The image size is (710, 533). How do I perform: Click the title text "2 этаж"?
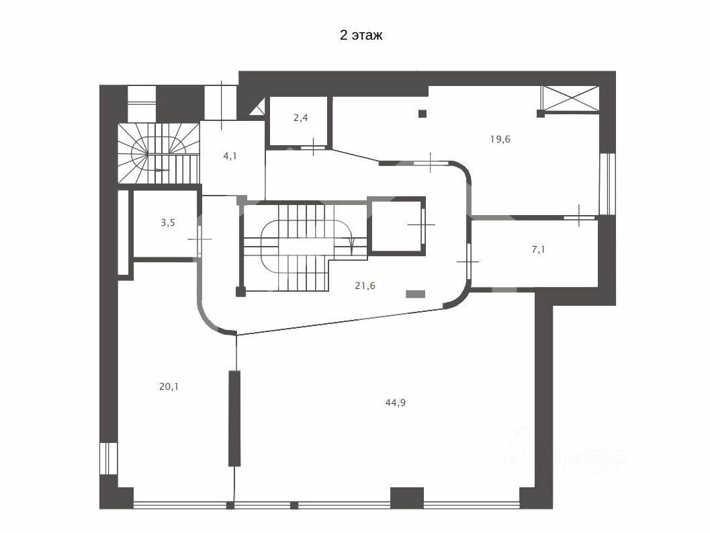pyautogui.click(x=361, y=36)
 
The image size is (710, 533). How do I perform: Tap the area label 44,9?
pyautogui.click(x=396, y=403)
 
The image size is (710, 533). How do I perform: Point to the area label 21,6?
pyautogui.click(x=365, y=285)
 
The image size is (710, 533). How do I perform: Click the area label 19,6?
pyautogui.click(x=500, y=139)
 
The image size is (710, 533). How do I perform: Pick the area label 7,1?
pyautogui.click(x=539, y=249)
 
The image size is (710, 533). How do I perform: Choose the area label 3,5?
pyautogui.click(x=168, y=222)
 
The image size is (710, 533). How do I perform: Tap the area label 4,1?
pyautogui.click(x=230, y=155)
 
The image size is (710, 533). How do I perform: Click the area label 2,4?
pyautogui.click(x=300, y=118)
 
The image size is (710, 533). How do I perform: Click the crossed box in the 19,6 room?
pyautogui.click(x=570, y=97)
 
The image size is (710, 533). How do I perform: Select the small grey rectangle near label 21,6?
pyautogui.click(x=416, y=293)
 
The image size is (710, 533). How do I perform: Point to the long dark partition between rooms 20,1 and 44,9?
pyautogui.click(x=234, y=417)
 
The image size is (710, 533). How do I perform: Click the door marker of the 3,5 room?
pyautogui.click(x=199, y=239)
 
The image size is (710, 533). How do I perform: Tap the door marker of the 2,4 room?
pyautogui.click(x=314, y=147)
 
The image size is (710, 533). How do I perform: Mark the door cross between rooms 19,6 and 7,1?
pyautogui.click(x=579, y=216)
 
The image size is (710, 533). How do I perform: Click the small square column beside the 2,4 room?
pyautogui.click(x=422, y=114)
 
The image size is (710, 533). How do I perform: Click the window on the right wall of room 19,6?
pyautogui.click(x=607, y=183)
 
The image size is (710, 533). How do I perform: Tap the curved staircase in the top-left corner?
pyautogui.click(x=159, y=154)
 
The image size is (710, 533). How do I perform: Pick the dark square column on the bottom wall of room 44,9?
pyautogui.click(x=406, y=497)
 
